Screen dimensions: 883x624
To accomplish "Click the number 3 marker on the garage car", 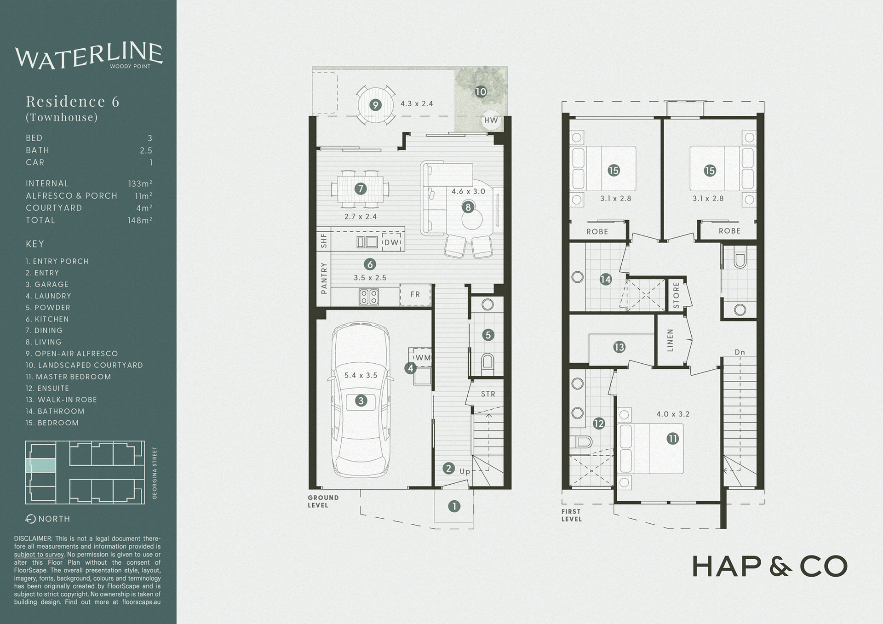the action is pos(361,401).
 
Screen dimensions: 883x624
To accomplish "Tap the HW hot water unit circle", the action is pos(491,120).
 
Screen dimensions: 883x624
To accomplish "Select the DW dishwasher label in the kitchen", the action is pos(391,242).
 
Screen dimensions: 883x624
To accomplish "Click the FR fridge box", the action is pos(415,295).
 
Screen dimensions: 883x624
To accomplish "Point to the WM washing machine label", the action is pos(423,358).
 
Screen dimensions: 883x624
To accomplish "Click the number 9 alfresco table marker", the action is pos(376,105).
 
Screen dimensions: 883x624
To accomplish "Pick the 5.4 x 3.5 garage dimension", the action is pos(361,375).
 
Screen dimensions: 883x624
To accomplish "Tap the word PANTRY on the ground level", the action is pos(324,278).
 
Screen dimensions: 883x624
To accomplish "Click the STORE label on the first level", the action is pos(676,295).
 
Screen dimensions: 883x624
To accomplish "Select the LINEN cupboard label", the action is pos(670,340).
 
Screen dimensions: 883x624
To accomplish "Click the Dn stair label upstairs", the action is pos(740,352).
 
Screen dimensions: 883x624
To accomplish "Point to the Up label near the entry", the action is pos(465,471).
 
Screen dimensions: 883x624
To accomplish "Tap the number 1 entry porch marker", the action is pos(454,506).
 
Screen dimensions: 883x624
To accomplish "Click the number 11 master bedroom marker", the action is pos(673,439).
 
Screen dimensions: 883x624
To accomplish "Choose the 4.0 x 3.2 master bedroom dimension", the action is pos(673,414).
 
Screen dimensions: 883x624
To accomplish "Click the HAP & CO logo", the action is pos(769,567).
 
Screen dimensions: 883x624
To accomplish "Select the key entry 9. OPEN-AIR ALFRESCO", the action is pos(72,354).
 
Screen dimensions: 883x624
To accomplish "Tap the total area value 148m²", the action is pos(140,220).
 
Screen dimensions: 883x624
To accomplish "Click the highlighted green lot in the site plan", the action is pos(42,465).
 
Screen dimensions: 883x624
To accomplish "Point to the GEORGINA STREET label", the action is pos(155,473).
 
